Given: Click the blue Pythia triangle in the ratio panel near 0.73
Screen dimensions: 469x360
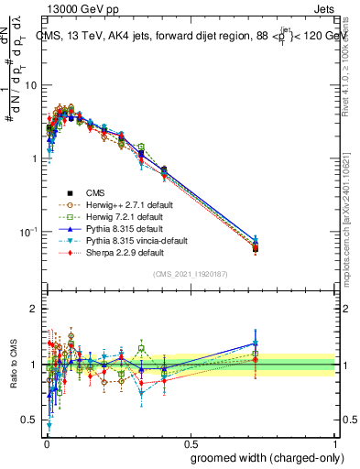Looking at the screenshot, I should [x=256, y=344].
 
